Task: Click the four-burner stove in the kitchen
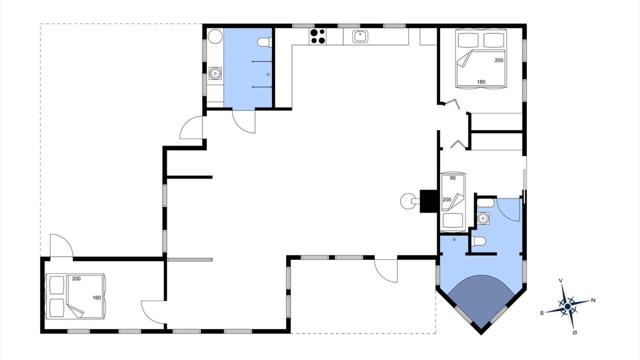(317, 36)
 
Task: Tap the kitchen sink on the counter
(360, 36)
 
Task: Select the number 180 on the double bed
(481, 82)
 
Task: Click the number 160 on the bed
(97, 297)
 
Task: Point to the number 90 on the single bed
(453, 178)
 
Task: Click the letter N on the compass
(593, 300)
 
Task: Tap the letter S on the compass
(541, 313)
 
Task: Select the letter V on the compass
(561, 281)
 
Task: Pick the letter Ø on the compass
(575, 332)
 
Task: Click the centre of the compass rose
(567, 306)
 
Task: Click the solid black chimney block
(428, 201)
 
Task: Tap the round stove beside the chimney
(407, 201)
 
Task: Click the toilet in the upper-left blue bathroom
(264, 42)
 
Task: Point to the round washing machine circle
(215, 37)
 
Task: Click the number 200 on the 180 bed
(499, 60)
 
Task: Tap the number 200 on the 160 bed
(76, 278)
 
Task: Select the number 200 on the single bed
(447, 199)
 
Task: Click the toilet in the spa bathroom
(478, 241)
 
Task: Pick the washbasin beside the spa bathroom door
(483, 218)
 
